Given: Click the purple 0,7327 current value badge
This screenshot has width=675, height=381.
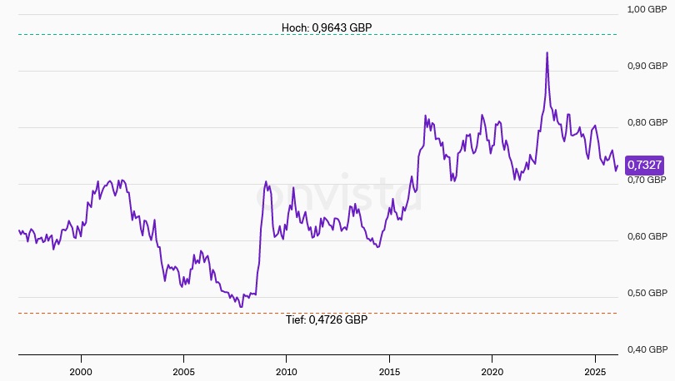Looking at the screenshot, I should [644, 165].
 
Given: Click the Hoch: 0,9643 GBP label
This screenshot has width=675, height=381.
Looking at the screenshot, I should [327, 27].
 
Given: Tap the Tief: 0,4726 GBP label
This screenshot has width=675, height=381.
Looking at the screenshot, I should [326, 319].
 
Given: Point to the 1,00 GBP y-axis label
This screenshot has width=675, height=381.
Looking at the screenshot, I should [647, 9].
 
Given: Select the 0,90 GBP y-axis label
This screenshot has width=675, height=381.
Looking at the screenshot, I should [647, 66].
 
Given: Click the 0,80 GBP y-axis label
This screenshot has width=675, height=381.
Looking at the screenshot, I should [647, 122].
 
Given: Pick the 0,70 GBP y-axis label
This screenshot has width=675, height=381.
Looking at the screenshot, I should [647, 180].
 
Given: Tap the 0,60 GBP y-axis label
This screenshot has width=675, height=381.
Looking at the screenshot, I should [647, 236].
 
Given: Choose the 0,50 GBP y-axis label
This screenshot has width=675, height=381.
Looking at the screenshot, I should [647, 293].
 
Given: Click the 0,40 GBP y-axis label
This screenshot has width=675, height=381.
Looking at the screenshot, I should [647, 349].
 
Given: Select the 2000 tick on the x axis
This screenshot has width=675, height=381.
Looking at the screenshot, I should [81, 370].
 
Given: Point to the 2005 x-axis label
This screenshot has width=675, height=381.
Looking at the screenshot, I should [183, 370].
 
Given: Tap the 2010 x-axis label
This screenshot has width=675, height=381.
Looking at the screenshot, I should [287, 370].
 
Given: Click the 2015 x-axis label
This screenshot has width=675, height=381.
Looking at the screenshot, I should [389, 370].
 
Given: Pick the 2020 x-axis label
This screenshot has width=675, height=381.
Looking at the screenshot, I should [492, 370].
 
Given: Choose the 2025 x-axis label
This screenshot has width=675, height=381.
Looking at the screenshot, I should [595, 370].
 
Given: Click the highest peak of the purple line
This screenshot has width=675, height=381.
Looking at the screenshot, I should [547, 52].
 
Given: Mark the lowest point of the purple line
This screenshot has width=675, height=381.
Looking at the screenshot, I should [241, 307].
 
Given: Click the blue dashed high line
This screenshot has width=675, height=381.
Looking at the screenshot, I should [167, 34].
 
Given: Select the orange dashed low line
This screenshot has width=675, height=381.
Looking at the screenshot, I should [167, 314].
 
